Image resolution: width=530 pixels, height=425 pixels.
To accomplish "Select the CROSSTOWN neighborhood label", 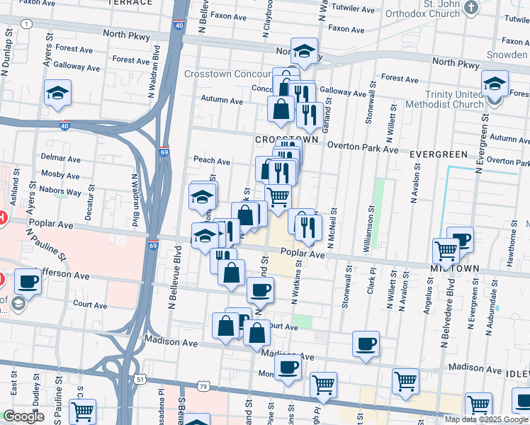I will [x=286, y=140].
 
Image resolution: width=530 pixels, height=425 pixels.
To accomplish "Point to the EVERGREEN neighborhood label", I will [x=439, y=154].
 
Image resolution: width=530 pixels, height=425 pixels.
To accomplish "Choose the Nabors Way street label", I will [x=61, y=191].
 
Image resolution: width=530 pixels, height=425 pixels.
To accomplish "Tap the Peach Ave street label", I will [x=212, y=161].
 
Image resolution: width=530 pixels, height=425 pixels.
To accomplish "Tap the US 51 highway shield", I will [x=140, y=380].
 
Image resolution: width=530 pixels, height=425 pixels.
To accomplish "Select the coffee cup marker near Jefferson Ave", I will [x=28, y=280].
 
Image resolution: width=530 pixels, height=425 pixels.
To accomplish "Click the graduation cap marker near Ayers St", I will [x=57, y=93].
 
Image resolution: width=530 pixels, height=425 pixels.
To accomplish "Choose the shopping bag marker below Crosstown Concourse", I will [x=281, y=109].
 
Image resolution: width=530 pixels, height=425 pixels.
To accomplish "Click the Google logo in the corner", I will [x=23, y=416].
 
